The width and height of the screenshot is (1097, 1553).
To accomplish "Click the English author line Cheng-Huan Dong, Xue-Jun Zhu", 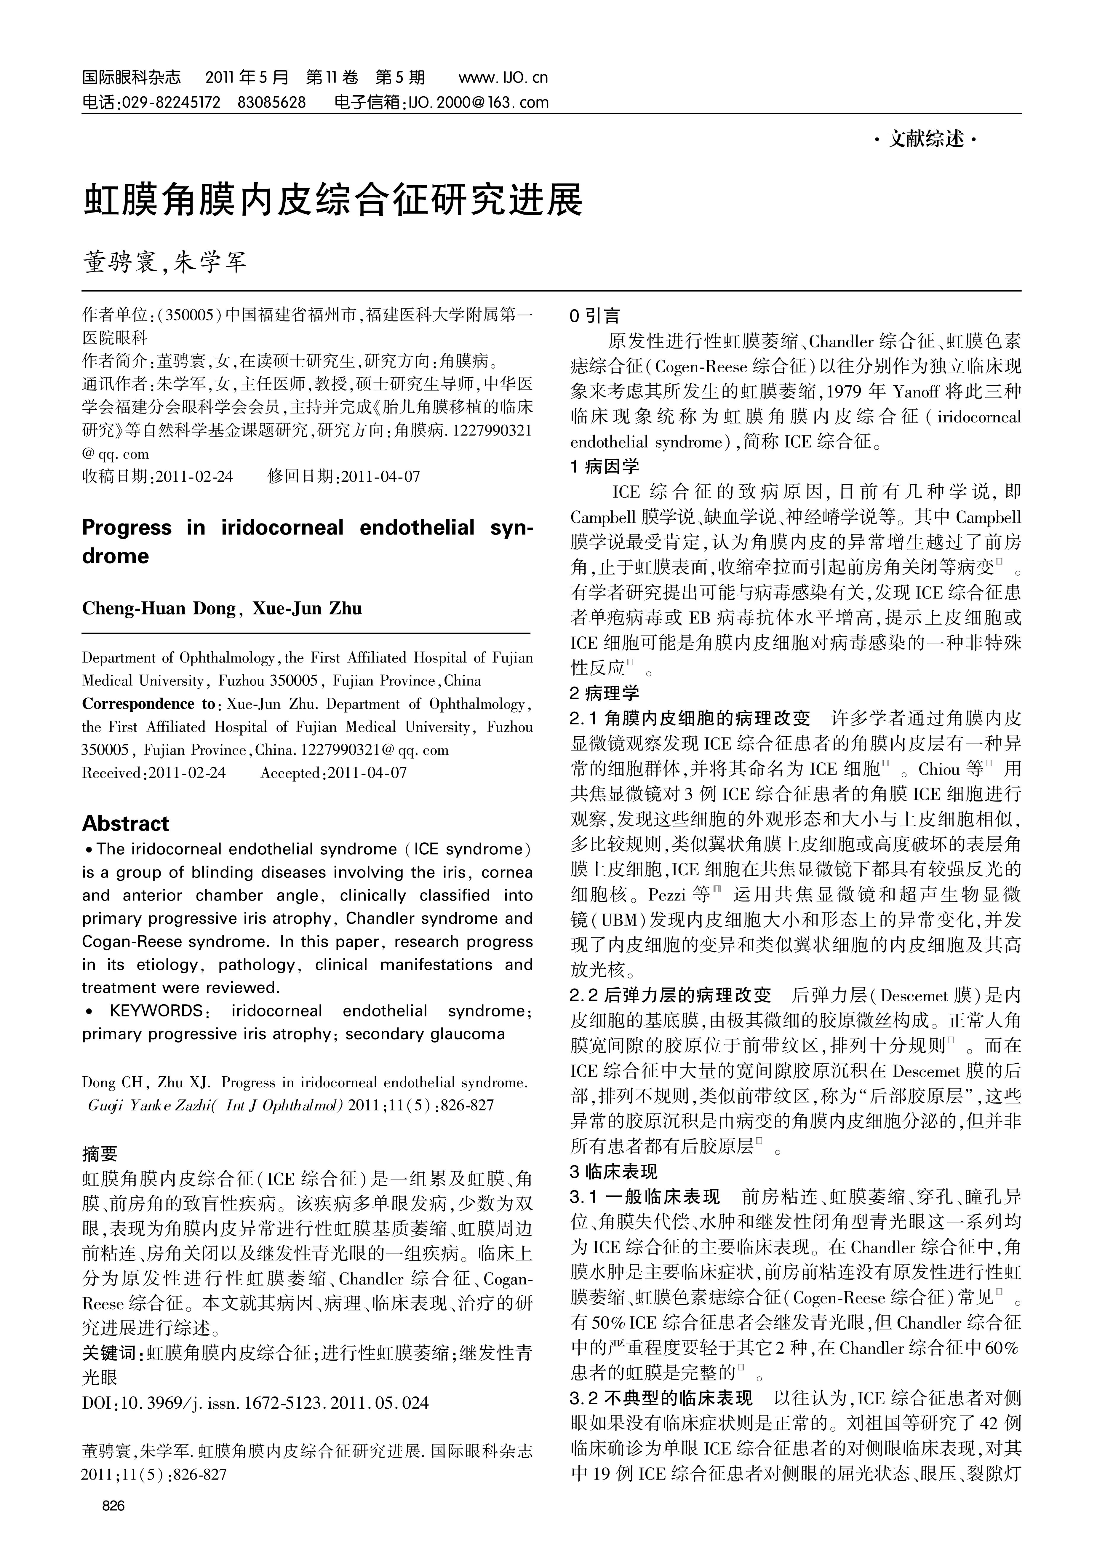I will tap(222, 608).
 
